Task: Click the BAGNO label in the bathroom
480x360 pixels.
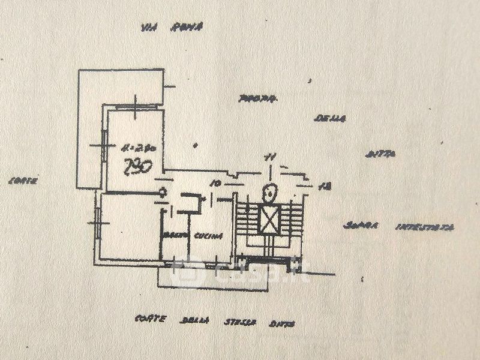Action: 174,234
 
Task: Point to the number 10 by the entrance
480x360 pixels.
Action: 216,183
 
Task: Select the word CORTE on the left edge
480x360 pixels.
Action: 23,181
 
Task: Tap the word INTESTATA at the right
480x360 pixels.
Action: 425,227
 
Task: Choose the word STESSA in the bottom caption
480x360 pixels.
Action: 241,322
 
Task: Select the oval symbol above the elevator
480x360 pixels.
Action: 269,193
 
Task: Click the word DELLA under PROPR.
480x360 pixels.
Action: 330,119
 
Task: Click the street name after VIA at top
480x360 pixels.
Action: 179,27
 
